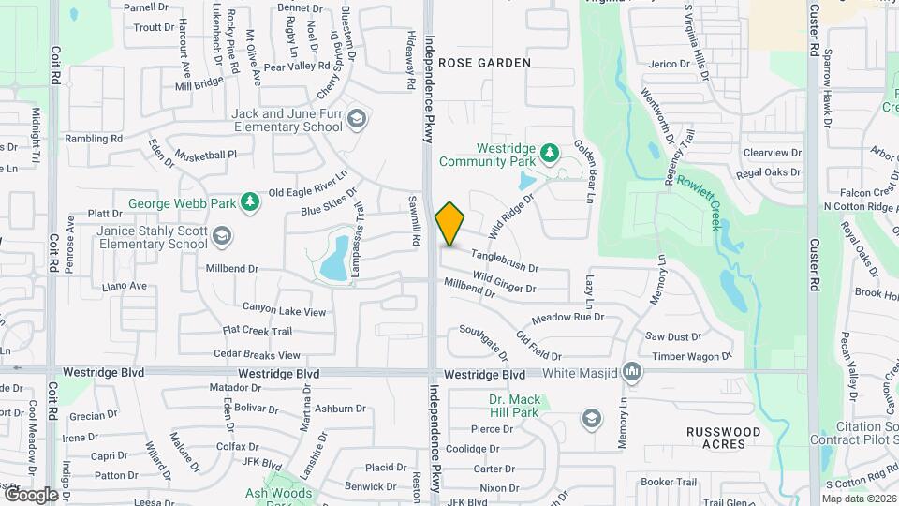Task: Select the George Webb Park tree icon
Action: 249,201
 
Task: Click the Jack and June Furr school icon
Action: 357,119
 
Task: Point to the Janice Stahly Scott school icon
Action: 222,235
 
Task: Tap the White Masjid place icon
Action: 633,373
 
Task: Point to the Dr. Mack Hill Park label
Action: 515,406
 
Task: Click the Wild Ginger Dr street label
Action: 505,281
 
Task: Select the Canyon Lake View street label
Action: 285,310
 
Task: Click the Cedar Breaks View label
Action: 258,355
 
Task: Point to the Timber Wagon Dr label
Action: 693,356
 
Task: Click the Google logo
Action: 31,494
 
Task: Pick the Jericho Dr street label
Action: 669,64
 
